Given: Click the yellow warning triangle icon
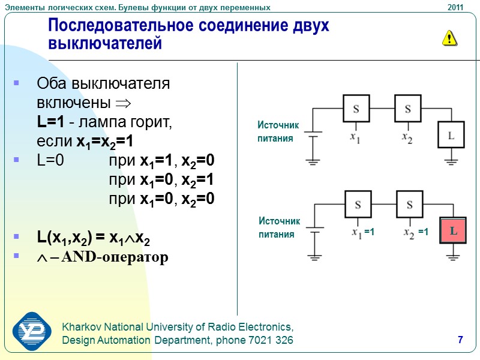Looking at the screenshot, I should (449, 38).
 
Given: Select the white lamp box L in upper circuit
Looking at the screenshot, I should (451, 135).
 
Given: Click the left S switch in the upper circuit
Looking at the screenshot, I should (356, 109).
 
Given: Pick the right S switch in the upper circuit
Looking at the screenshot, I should (407, 109).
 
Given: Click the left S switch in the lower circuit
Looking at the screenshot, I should (358, 205).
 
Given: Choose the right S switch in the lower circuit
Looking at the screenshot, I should (410, 205).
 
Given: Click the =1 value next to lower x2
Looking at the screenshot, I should (423, 232).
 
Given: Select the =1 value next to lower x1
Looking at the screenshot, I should (370, 232).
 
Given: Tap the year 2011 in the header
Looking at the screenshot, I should (455, 7).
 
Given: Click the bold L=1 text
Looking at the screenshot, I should (50, 122).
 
